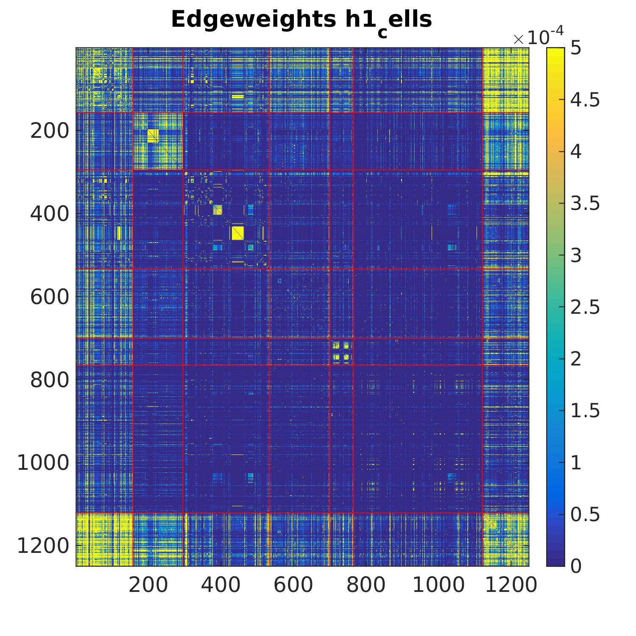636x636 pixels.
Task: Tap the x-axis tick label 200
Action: (x=148, y=585)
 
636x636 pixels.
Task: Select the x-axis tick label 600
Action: (x=293, y=585)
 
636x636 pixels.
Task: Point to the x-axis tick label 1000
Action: (x=438, y=585)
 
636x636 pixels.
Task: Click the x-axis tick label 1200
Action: (x=511, y=585)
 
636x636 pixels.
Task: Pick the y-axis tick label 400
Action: (x=49, y=214)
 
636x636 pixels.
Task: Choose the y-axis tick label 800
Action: (x=49, y=380)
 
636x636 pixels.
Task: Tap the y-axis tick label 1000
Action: (x=43, y=463)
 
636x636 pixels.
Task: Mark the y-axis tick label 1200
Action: (x=43, y=546)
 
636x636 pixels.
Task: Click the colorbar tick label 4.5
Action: (x=585, y=100)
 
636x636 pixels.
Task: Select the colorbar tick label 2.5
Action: (x=585, y=307)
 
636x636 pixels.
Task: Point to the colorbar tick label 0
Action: (x=576, y=566)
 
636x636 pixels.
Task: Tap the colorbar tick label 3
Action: (x=576, y=256)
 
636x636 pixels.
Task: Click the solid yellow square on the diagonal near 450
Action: (x=237, y=233)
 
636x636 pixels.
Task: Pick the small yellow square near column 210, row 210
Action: (x=153, y=136)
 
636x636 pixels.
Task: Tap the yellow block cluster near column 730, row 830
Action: (x=341, y=351)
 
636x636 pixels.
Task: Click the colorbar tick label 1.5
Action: (x=585, y=411)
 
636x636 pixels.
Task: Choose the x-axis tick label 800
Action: (x=365, y=585)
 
